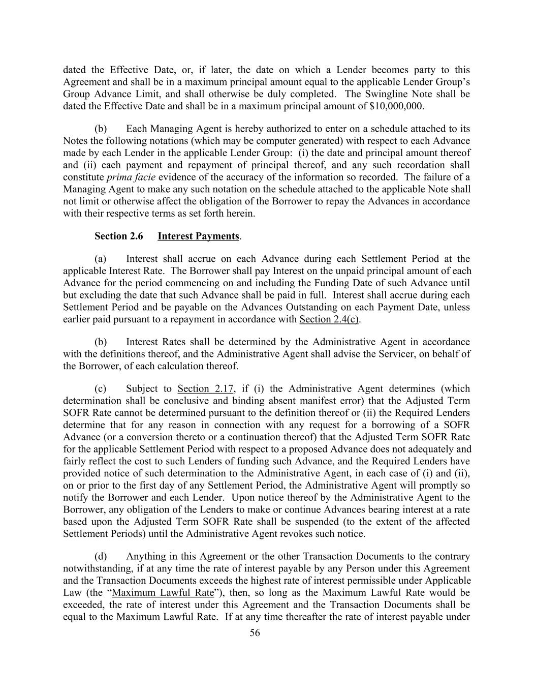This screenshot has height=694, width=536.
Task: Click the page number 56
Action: [255, 632]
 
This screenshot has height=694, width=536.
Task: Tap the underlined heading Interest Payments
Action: [198, 236]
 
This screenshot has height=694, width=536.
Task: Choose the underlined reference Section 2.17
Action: [205, 389]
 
